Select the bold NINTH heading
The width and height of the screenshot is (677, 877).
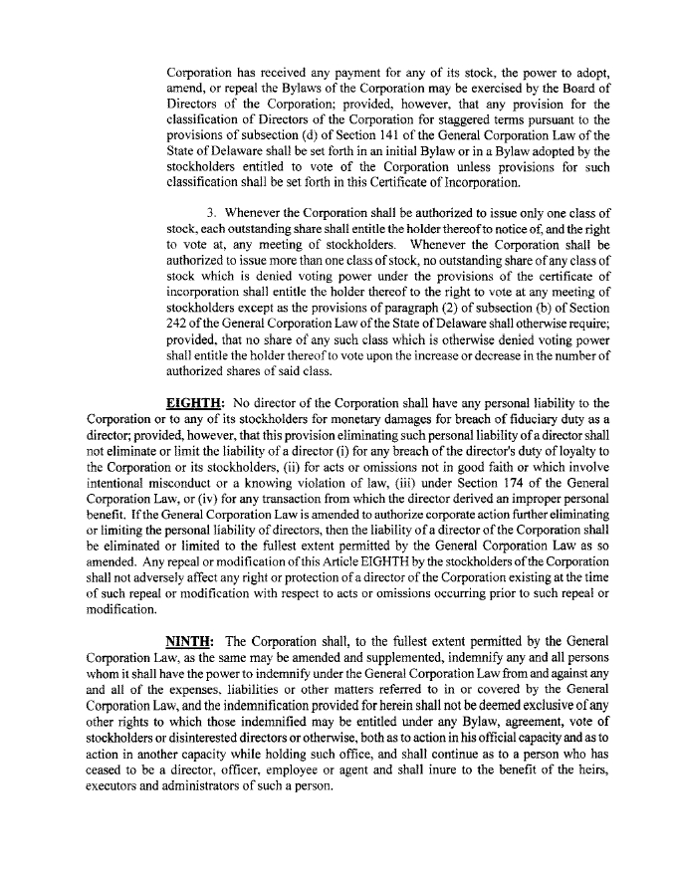pos(188,642)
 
